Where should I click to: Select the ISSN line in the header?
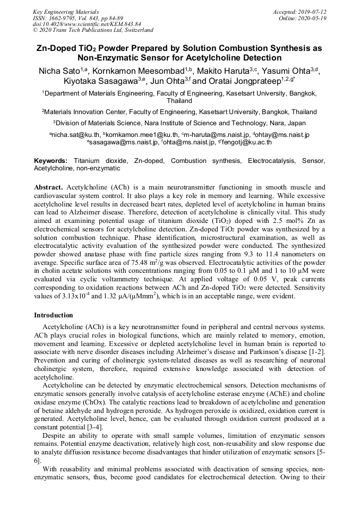coord(78,18)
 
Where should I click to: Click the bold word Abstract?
coord(49,187)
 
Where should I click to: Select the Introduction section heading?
coord(54,315)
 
